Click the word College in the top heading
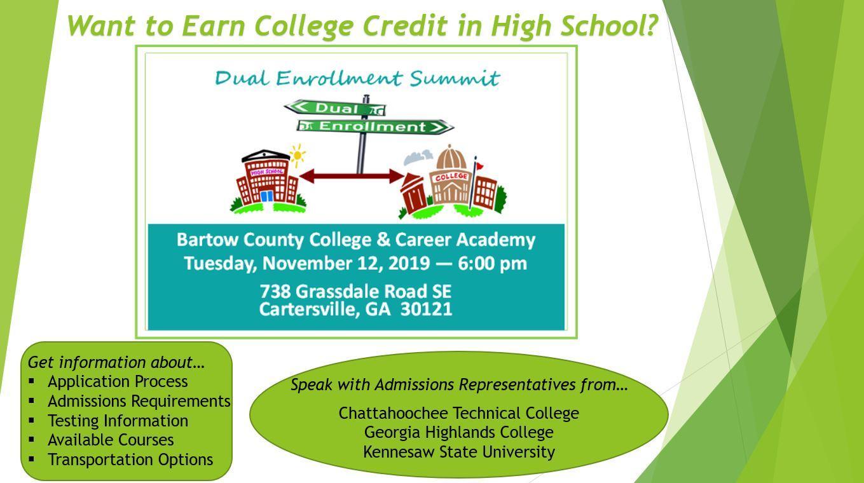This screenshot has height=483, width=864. pyautogui.click(x=304, y=26)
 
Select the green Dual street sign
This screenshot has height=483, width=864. pyautogui.click(x=335, y=107)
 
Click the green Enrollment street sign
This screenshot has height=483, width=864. pyautogui.click(x=375, y=126)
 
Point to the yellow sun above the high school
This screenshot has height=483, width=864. pyautogui.click(x=298, y=155)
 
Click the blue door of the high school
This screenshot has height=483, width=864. pyautogui.click(x=266, y=196)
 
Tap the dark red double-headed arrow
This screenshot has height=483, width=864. pyautogui.click(x=352, y=176)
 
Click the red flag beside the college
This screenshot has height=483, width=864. pyautogui.click(x=479, y=166)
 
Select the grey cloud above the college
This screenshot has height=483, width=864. pyautogui.click(x=418, y=156)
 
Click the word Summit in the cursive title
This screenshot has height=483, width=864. pyautogui.click(x=455, y=79)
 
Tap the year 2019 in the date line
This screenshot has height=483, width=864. pyautogui.click(x=409, y=264)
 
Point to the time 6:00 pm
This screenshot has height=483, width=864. pyautogui.click(x=492, y=264)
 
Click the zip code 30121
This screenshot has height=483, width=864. pyautogui.click(x=426, y=309)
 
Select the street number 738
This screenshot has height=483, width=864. pyautogui.click(x=275, y=292)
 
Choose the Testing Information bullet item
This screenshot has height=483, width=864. pyautogui.click(x=118, y=421)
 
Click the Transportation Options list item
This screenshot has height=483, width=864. pyautogui.click(x=130, y=460)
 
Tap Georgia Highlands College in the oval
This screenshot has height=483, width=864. pyautogui.click(x=458, y=433)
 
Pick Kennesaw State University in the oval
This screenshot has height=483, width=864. pyautogui.click(x=459, y=452)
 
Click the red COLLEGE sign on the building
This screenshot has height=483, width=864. pyautogui.click(x=451, y=177)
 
